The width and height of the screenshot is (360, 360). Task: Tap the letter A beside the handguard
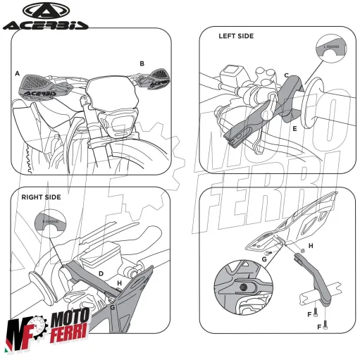16,73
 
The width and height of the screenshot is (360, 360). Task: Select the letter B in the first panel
142,63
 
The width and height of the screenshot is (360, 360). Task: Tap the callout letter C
285,75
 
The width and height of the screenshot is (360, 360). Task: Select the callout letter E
294,130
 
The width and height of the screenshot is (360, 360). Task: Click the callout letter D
101,272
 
